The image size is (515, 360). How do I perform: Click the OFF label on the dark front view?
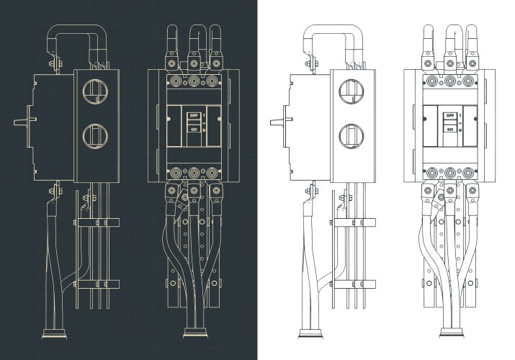click(x=193, y=115)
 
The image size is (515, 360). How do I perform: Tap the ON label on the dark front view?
click(x=193, y=129)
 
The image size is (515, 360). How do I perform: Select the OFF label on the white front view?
click(x=450, y=115)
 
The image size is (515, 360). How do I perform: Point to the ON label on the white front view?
click(x=450, y=129)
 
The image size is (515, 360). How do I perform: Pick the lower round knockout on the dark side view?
click(x=94, y=133)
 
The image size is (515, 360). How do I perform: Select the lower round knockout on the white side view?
click(x=351, y=133)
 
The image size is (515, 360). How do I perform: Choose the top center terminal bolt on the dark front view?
click(x=194, y=81)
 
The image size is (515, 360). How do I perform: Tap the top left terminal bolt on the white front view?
click(x=432, y=81)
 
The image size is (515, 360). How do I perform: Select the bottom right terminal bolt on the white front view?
click(x=470, y=173)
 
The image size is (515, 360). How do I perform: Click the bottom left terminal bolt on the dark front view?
click(x=175, y=173)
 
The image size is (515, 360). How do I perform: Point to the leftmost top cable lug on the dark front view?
click(x=172, y=54)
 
